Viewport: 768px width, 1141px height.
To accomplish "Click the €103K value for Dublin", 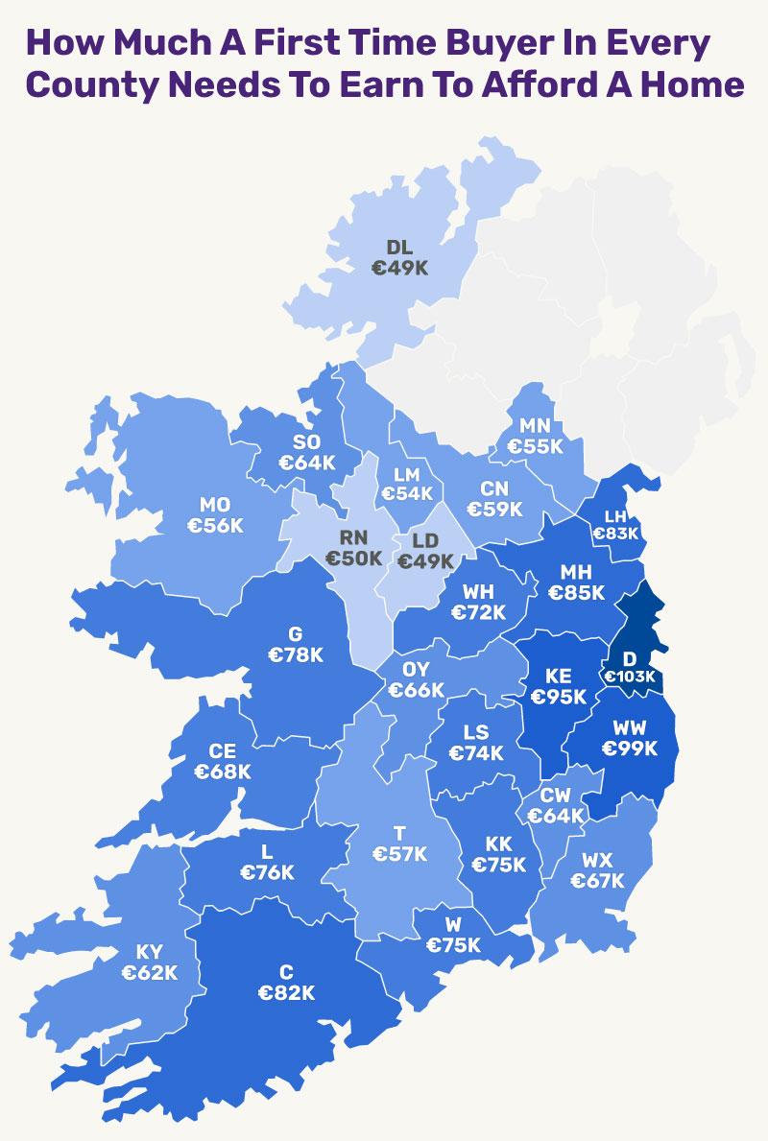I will pyautogui.click(x=629, y=677).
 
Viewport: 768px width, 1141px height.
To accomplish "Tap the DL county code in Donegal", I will pyautogui.click(x=399, y=249).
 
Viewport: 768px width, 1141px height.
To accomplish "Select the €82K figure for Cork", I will pyautogui.click(x=286, y=993).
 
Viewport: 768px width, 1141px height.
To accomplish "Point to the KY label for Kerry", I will pyautogui.click(x=149, y=952).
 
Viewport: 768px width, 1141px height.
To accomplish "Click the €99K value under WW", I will pyautogui.click(x=629, y=749).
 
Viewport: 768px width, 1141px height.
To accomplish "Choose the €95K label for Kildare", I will pyautogui.click(x=558, y=697).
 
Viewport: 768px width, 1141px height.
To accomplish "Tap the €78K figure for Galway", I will pyautogui.click(x=295, y=655).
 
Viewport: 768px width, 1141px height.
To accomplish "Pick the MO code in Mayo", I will pyautogui.click(x=214, y=505).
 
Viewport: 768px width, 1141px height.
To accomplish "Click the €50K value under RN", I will pyautogui.click(x=353, y=559).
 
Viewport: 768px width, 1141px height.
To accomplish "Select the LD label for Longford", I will pyautogui.click(x=425, y=541).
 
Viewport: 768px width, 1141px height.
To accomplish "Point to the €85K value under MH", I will pyautogui.click(x=576, y=593).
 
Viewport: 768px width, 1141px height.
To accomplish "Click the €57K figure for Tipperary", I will pyautogui.click(x=399, y=854).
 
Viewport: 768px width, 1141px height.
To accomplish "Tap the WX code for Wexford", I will pyautogui.click(x=596, y=860).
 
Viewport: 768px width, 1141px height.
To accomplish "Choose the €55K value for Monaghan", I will pyautogui.click(x=535, y=446).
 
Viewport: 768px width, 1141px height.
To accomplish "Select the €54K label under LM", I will pyautogui.click(x=407, y=493).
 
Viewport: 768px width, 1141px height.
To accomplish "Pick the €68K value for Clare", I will pyautogui.click(x=223, y=772).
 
